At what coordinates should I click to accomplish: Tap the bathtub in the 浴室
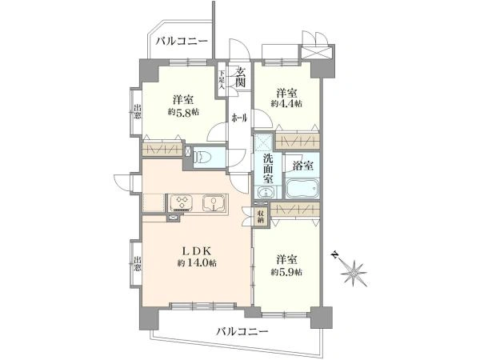click(x=302, y=189)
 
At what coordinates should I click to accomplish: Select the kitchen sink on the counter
click(x=214, y=203)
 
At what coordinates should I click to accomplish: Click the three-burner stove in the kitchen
click(x=182, y=202)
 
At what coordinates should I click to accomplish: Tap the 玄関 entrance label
click(x=240, y=77)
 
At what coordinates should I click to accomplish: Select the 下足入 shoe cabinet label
click(x=222, y=80)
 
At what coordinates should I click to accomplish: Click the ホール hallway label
click(x=239, y=118)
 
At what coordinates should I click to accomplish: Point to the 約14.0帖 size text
click(x=197, y=262)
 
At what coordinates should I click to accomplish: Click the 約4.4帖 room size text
click(x=286, y=104)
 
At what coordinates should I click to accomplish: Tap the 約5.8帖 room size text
click(x=183, y=112)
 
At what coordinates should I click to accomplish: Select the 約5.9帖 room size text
click(x=286, y=272)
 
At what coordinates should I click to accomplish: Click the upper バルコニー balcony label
click(x=182, y=41)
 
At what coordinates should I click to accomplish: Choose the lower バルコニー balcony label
click(x=242, y=331)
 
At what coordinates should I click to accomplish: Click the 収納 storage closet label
click(x=261, y=217)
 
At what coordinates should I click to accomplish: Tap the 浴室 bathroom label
click(x=302, y=166)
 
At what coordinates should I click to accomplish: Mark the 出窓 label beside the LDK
click(x=138, y=264)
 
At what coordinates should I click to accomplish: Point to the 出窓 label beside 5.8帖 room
click(x=138, y=112)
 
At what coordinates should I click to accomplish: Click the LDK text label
click(x=197, y=251)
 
